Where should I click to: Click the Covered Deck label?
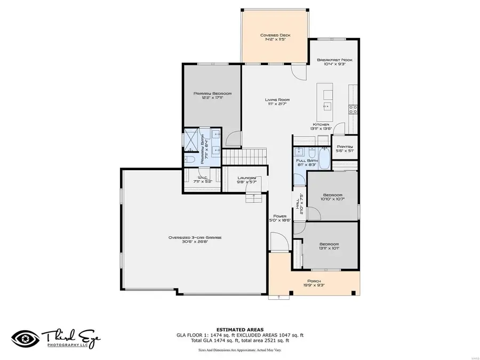(274, 36)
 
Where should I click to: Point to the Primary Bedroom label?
(209, 93)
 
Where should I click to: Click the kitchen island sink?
(326, 106)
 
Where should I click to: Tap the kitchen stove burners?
(353, 109)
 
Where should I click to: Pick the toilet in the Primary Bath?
(191, 159)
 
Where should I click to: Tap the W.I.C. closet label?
(203, 178)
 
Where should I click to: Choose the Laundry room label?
(247, 178)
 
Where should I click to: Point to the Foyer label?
(281, 216)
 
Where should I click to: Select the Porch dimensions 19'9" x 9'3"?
(315, 285)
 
